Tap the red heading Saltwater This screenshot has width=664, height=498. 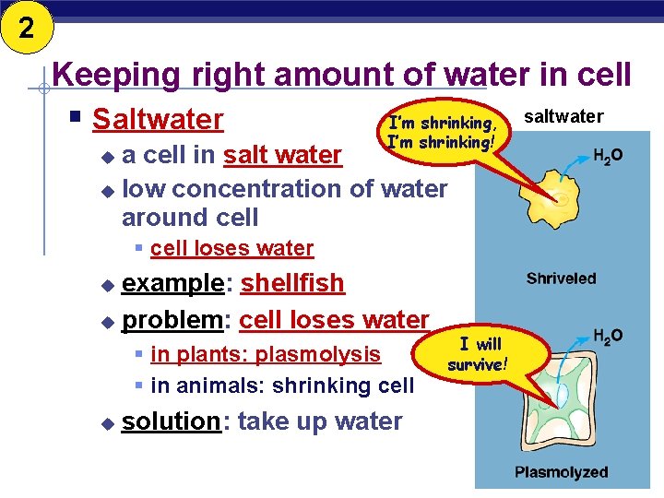[158, 120]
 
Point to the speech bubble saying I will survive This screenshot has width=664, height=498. [477, 353]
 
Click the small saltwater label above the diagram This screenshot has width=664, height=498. [563, 116]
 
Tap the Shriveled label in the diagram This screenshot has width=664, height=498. [561, 278]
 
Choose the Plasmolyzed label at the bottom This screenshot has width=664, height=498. [561, 472]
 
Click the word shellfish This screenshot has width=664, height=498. [292, 283]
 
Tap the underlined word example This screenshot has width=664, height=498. [173, 283]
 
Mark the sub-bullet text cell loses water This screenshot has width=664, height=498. [231, 248]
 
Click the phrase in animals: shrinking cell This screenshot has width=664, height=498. [282, 385]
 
